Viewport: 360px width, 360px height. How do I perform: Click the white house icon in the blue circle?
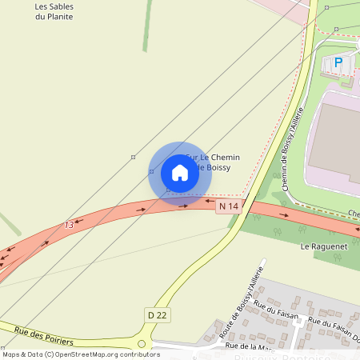pyautogui.click(x=180, y=173)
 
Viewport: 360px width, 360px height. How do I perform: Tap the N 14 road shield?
pyautogui.click(x=229, y=206)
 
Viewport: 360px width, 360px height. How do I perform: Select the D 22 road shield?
pyautogui.click(x=158, y=314)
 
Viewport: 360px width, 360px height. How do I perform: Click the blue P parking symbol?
pyautogui.click(x=338, y=62)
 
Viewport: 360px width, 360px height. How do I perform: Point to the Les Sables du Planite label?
pyautogui.click(x=60, y=11)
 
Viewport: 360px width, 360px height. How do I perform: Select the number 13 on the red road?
pyautogui.click(x=69, y=226)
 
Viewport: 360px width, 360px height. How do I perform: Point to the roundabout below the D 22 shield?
pyautogui.click(x=142, y=344)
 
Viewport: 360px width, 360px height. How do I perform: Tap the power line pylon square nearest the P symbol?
pyautogui.click(x=337, y=29)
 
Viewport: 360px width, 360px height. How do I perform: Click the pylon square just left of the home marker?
pyautogui.click(x=151, y=172)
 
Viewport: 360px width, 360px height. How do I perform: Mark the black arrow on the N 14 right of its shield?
pyautogui.click(x=284, y=214)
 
